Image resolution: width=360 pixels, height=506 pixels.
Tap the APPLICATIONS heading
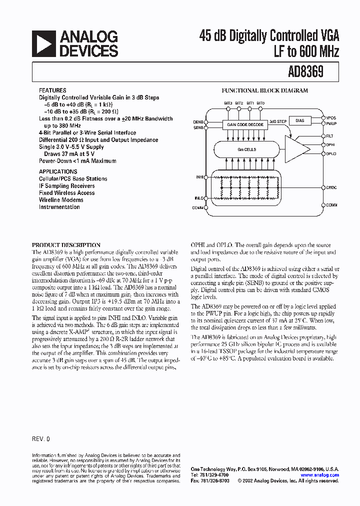point(55,171)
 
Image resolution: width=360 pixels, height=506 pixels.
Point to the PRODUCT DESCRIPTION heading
point(66,245)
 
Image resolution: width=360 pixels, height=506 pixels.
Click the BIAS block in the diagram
point(299,120)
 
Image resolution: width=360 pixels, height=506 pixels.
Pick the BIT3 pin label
point(228,103)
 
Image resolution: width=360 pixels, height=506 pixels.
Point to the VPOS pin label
point(331,118)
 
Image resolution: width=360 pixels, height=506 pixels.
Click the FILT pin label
point(330,136)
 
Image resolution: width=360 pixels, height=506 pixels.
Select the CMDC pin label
point(331,187)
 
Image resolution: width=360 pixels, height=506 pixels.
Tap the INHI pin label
point(200,177)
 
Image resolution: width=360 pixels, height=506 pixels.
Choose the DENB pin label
point(198,121)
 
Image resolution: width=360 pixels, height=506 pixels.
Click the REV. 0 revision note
point(41,438)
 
